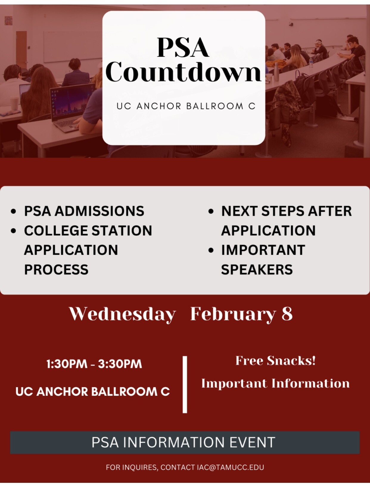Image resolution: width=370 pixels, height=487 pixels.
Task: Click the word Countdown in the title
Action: [x=183, y=72]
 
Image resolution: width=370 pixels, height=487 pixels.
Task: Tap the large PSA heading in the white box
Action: [x=183, y=48]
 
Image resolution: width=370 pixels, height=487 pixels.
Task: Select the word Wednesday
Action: [x=122, y=314]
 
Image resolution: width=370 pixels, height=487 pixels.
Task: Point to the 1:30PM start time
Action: [x=67, y=364]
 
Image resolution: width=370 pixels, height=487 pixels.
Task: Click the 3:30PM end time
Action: [x=120, y=364]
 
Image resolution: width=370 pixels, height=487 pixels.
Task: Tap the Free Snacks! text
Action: [x=275, y=361]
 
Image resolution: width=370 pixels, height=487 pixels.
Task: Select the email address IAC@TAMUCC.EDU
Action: [x=231, y=467]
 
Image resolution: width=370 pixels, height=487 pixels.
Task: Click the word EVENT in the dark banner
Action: [x=252, y=442]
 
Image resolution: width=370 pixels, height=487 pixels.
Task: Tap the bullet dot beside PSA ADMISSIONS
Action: [x=13, y=211]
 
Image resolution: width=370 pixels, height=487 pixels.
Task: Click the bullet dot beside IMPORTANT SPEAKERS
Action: [x=211, y=250]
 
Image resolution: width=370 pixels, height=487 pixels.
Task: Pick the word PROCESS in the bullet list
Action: [x=56, y=270]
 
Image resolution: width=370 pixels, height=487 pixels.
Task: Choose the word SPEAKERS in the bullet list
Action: [x=257, y=270]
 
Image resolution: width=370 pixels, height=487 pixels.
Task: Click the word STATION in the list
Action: [x=122, y=231]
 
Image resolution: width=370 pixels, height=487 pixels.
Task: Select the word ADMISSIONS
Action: [x=100, y=211]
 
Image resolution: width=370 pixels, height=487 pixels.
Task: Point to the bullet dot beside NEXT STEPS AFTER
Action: [x=211, y=211]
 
